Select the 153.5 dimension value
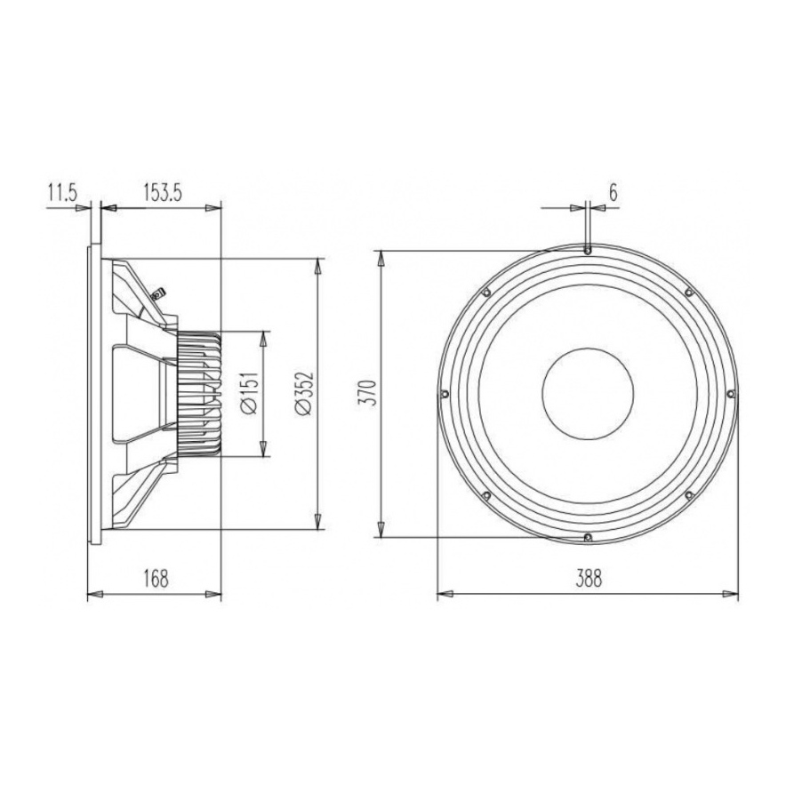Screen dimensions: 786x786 coord(162,191)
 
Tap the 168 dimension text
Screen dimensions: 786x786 coord(155,578)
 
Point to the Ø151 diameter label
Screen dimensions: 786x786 coord(249,394)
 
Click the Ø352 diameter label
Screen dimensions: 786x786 coord(302,394)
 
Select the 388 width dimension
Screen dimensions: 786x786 coord(588,578)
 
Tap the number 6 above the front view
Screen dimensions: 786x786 coord(613,191)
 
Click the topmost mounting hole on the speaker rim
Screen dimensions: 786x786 coord(588,251)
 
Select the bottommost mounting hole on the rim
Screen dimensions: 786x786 coord(588,536)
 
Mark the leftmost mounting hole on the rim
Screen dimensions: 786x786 coord(444,394)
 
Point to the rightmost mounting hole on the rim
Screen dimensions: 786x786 coord(731,394)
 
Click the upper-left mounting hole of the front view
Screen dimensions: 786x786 coord(486,292)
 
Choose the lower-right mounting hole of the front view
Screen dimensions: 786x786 coord(689,495)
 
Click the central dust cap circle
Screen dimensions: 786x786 coord(587,394)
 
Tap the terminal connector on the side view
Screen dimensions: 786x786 coord(159,293)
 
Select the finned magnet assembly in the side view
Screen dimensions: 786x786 coord(200,394)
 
